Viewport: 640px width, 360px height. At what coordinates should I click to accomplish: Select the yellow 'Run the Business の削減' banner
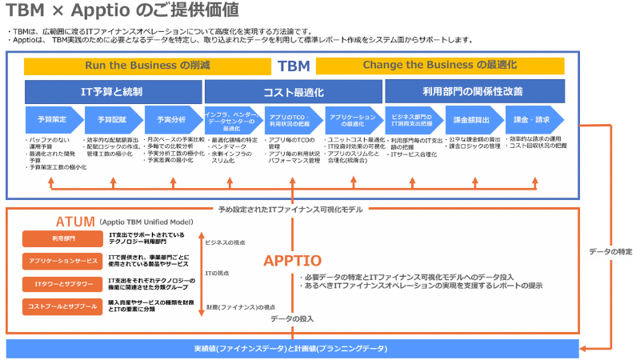(x=147, y=66)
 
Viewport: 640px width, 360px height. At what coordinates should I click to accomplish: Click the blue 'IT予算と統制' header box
(x=114, y=90)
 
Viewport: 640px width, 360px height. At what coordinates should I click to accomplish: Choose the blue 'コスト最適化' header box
(x=294, y=90)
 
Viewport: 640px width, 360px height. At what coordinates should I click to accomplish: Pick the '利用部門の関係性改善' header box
(x=474, y=90)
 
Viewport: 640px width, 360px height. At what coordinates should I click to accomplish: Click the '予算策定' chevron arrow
(x=52, y=119)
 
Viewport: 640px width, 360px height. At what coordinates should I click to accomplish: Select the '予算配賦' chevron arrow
(x=112, y=119)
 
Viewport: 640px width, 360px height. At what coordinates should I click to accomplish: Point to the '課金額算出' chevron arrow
(x=472, y=119)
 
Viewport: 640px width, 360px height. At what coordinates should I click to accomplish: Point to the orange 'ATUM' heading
(x=75, y=222)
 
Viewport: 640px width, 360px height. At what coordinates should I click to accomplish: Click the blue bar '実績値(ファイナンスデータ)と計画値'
(x=291, y=349)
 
